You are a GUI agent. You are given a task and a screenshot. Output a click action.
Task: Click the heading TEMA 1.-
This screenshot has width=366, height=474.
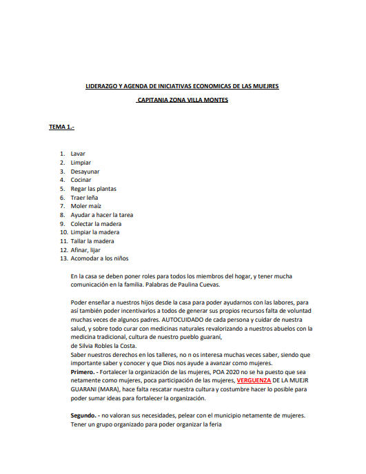[x=61, y=127]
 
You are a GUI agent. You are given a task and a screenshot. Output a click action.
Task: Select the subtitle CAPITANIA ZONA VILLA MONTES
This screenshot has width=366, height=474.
[x=183, y=100]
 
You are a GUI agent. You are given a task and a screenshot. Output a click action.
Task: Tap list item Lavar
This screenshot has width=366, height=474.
[x=78, y=153]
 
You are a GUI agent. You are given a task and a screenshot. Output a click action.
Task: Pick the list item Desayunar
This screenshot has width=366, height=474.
[x=85, y=171]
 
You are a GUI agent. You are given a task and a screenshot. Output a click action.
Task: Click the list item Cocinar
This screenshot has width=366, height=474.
[x=81, y=180]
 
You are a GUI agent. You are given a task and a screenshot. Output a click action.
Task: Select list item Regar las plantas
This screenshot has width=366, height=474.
[x=94, y=188]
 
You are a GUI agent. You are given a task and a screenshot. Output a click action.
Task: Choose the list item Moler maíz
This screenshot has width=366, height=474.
[x=86, y=206]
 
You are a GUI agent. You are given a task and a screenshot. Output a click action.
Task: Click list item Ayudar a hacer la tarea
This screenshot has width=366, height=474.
[x=102, y=215]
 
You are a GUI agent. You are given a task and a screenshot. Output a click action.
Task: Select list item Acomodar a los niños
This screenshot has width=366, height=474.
[x=100, y=259]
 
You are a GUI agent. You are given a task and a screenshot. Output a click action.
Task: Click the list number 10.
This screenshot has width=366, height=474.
[x=63, y=232]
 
